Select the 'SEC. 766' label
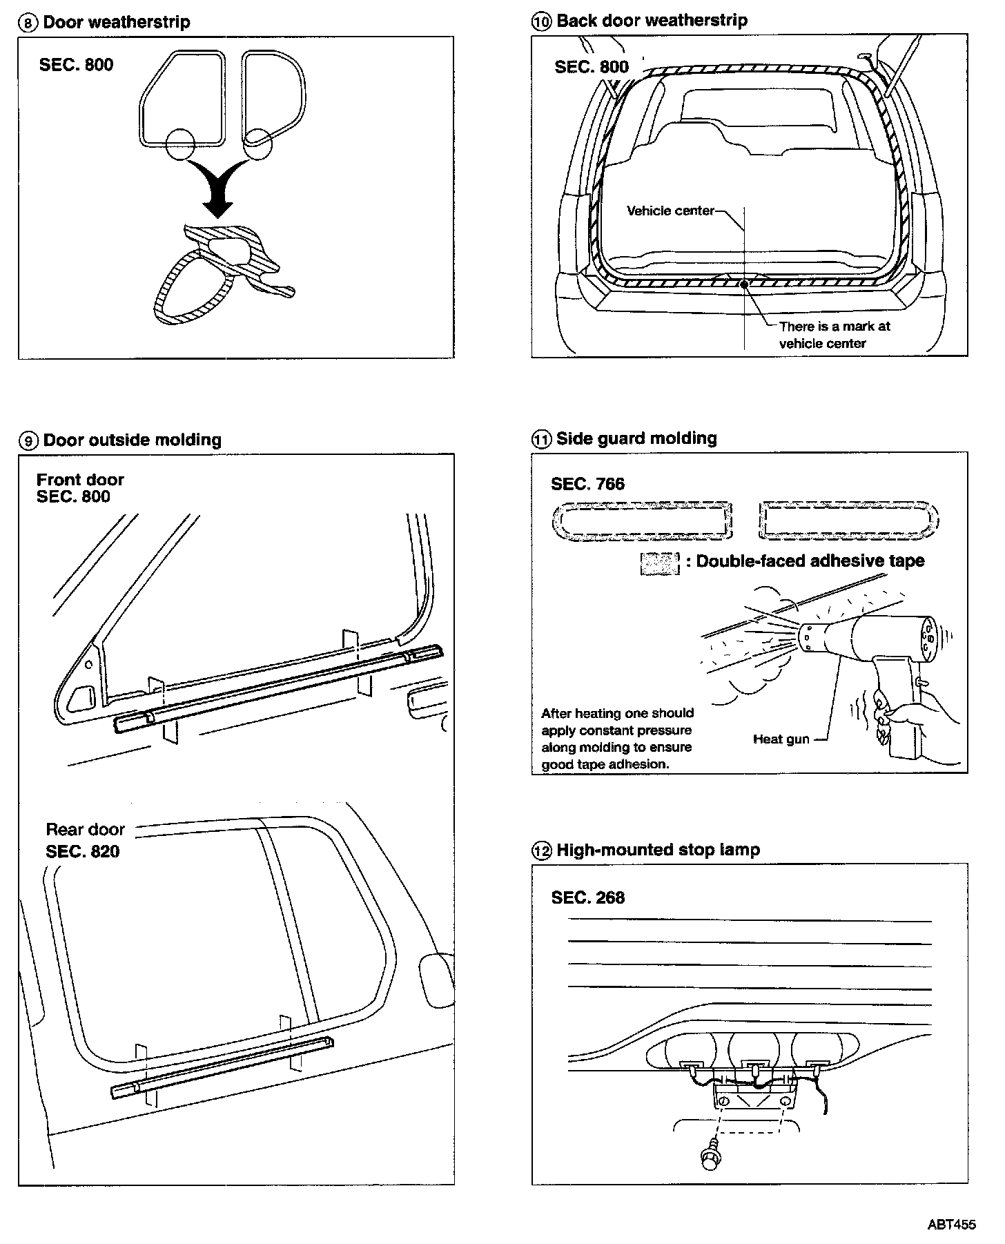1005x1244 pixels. click(587, 484)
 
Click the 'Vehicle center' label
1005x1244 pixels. click(670, 211)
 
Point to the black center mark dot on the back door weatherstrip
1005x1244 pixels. click(743, 283)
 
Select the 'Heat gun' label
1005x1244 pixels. click(781, 739)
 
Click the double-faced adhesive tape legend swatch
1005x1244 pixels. click(660, 563)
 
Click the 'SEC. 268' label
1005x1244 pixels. click(587, 897)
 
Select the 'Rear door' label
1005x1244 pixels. click(85, 829)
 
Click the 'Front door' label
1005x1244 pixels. click(80, 480)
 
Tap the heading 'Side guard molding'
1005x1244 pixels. click(636, 438)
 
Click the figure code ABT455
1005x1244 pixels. click(951, 1225)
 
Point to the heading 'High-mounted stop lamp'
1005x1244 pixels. click(658, 850)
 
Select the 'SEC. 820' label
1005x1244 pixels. click(82, 851)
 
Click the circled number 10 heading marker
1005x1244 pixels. click(541, 22)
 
